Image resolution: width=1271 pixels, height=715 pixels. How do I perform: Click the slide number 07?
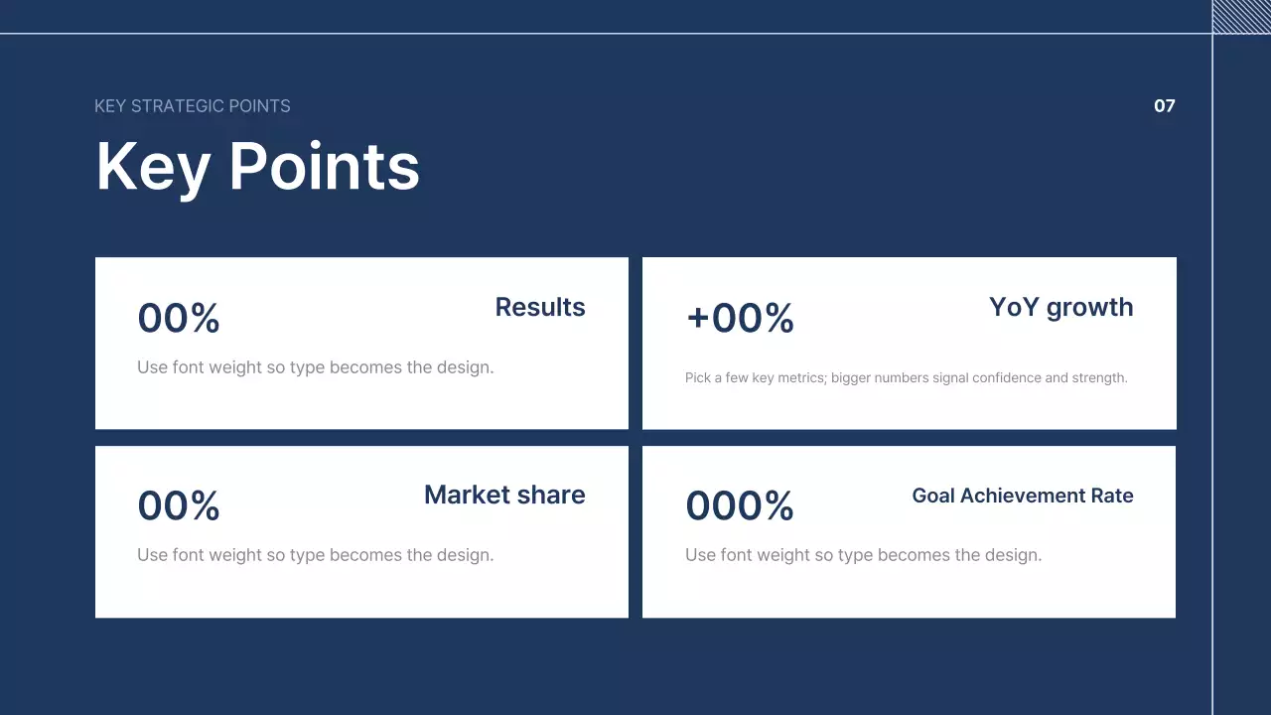pyautogui.click(x=1165, y=106)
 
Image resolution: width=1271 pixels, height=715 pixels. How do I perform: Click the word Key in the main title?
pyautogui.click(x=153, y=169)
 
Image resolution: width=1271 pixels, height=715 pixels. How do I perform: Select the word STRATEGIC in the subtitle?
pyautogui.click(x=178, y=106)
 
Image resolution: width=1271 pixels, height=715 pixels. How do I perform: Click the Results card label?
pyautogui.click(x=540, y=307)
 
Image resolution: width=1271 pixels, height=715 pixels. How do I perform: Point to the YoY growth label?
pyautogui.click(x=1061, y=308)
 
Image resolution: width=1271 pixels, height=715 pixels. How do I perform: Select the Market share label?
pyautogui.click(x=504, y=495)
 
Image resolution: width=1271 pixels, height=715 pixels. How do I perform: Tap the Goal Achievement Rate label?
pyautogui.click(x=1023, y=496)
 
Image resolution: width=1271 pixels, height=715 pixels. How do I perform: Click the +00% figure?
pyautogui.click(x=740, y=318)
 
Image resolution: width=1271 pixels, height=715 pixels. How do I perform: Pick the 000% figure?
pyautogui.click(x=740, y=505)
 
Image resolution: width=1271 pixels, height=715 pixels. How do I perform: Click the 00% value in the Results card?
pyautogui.click(x=178, y=318)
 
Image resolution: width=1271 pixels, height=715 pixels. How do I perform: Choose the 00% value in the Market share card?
pyautogui.click(x=178, y=505)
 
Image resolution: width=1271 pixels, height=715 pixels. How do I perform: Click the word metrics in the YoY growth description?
pyautogui.click(x=801, y=378)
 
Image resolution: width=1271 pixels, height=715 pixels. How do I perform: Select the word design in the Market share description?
pyautogui.click(x=465, y=555)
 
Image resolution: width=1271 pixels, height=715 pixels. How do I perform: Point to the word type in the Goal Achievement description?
pyautogui.click(x=856, y=556)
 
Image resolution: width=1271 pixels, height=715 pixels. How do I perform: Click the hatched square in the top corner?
pyautogui.click(x=1241, y=17)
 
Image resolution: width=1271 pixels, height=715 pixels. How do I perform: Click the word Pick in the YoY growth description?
pyautogui.click(x=698, y=377)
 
